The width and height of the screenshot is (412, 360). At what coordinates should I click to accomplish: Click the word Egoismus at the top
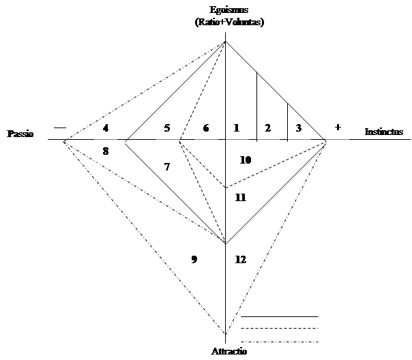pos(229,10)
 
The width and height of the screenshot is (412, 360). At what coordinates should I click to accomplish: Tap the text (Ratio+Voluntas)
pos(229,22)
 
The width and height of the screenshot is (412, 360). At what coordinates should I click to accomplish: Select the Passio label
pos(20,134)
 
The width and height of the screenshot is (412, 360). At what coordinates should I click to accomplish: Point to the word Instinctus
pos(384,132)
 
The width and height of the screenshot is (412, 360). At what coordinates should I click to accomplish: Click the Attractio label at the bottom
pos(229,351)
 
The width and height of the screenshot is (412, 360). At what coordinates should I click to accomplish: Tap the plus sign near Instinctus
pos(338,127)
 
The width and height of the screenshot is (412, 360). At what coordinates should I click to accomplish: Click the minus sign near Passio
pos(60,128)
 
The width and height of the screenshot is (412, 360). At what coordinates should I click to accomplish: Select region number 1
pos(237,128)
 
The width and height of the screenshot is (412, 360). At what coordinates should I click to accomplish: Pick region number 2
pos(268,128)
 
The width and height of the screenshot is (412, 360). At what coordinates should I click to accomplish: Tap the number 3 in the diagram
pos(299,128)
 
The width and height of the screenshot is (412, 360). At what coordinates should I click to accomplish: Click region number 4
pos(106,128)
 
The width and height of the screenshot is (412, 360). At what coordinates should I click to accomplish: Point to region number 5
pos(167,128)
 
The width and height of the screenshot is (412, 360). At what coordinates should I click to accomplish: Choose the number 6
pos(206,128)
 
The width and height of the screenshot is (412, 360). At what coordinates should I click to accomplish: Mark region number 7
pos(167,167)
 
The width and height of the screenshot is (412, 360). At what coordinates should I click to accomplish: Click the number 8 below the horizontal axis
pos(106,151)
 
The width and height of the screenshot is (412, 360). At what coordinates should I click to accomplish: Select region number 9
pos(194,259)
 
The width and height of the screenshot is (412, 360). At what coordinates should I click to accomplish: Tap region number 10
pos(246,160)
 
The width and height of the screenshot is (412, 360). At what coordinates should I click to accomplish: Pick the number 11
pos(240,197)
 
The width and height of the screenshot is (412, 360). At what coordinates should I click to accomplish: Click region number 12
pos(240,259)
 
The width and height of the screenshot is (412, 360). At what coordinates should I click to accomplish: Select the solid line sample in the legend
pos(280,316)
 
